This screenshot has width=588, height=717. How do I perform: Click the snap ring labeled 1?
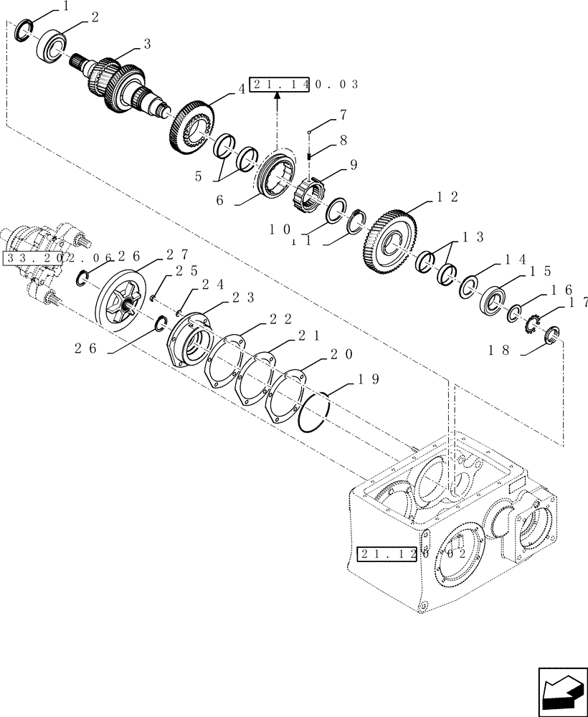tap(23, 32)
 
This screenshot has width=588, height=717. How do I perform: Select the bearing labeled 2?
tap(52, 44)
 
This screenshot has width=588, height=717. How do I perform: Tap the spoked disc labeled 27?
tap(123, 302)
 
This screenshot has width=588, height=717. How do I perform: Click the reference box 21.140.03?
tap(303, 84)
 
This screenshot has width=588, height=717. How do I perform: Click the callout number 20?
tap(340, 354)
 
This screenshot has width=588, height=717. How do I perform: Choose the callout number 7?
tap(343, 115)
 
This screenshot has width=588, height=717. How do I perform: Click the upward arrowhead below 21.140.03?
tap(277, 103)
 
